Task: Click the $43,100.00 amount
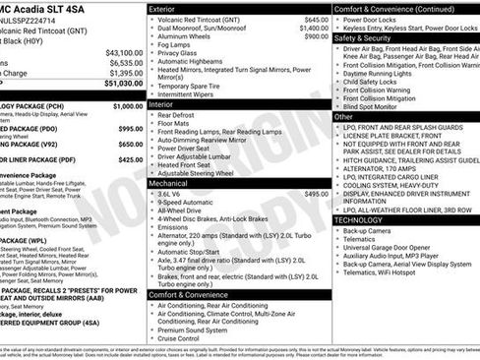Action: click(x=123, y=52)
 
